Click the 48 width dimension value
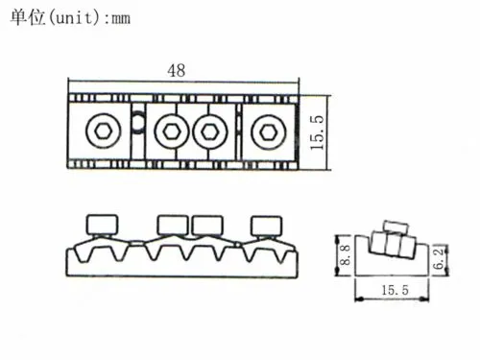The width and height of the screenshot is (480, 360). point(177,70)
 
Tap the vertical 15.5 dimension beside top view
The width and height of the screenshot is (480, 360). point(317,132)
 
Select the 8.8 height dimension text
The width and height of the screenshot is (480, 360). point(346,255)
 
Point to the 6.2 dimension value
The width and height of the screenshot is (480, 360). point(440,258)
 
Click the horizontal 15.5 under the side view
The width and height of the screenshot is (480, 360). point(396,290)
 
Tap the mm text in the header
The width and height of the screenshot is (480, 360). point(121,19)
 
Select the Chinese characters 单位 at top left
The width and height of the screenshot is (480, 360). point(28,17)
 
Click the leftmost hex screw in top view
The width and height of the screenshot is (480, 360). point(103,131)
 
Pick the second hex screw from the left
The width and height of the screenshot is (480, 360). point(172,132)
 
